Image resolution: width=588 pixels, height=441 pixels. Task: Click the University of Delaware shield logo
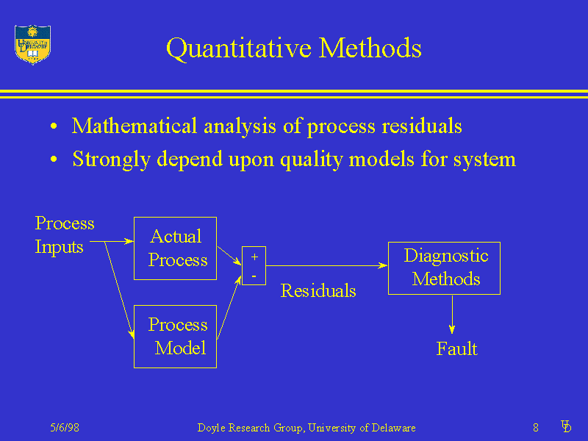click(x=32, y=44)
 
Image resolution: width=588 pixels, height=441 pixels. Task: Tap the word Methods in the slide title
click(x=371, y=49)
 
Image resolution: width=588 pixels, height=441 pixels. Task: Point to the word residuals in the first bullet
click(x=421, y=126)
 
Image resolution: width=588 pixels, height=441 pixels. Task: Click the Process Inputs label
click(x=65, y=235)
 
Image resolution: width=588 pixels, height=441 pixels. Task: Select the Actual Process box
click(x=175, y=248)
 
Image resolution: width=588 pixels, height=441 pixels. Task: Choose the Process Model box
click(x=175, y=337)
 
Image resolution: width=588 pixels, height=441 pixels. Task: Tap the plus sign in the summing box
click(x=254, y=257)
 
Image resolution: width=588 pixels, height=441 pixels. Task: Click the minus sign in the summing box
click(x=254, y=276)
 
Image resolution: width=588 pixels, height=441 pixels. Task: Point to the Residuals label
click(x=318, y=291)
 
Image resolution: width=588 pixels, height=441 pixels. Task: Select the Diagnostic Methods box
click(x=444, y=268)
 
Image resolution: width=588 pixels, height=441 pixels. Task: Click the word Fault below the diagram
click(x=456, y=349)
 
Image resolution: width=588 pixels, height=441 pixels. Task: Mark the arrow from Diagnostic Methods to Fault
click(x=452, y=315)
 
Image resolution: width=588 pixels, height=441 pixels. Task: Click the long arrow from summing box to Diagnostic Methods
click(x=326, y=265)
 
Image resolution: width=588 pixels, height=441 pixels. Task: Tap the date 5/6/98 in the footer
click(x=65, y=428)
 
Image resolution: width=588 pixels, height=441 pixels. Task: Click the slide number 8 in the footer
click(x=536, y=428)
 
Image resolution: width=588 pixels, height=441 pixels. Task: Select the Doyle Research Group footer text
click(x=306, y=428)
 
